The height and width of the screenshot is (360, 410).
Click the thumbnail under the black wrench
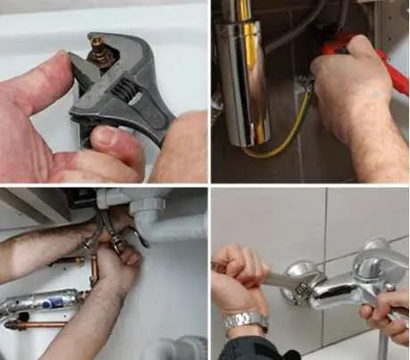(x=104, y=137)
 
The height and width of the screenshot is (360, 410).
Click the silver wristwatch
(x=244, y=321)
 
